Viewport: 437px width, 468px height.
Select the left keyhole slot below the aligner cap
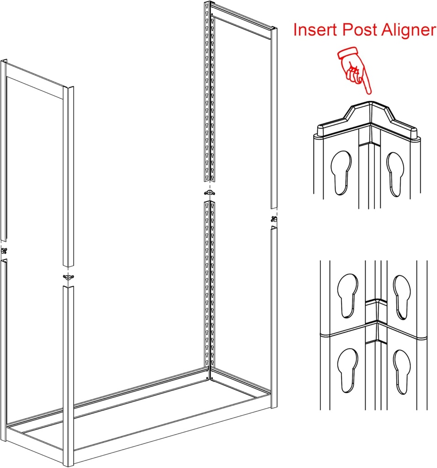(x=341, y=173)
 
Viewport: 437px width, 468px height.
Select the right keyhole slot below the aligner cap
(x=395, y=174)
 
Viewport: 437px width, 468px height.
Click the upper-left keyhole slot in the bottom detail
(x=348, y=296)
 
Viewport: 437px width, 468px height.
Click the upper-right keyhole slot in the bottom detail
(x=402, y=297)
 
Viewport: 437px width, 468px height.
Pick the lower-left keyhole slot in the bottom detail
(x=348, y=370)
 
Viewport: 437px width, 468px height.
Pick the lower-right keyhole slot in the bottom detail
(x=402, y=372)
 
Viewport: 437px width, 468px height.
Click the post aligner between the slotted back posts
(x=209, y=192)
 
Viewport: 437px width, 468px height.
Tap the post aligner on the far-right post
(x=274, y=219)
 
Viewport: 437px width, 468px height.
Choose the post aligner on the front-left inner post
(x=69, y=277)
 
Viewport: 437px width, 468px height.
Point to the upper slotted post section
(x=209, y=91)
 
